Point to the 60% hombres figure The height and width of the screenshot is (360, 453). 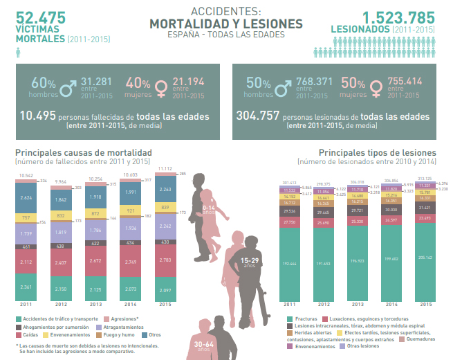tap(42, 87)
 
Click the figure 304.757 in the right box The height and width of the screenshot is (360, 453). tap(257, 116)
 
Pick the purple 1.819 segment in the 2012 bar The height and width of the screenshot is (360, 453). tap(61, 233)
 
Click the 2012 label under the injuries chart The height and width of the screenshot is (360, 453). tap(322, 305)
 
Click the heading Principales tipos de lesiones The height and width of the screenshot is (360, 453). tap(378, 152)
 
